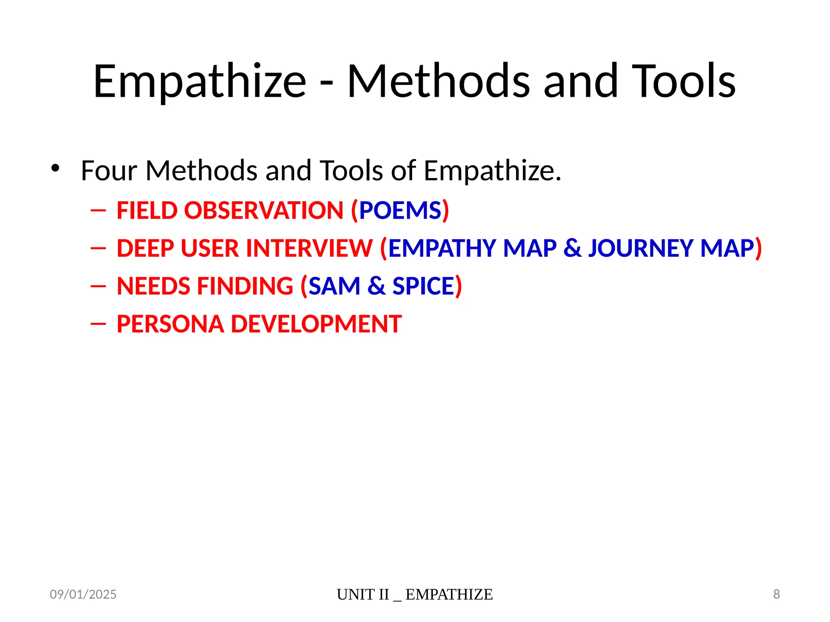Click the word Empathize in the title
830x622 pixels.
[x=200, y=82]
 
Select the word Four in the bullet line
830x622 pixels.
[x=109, y=170]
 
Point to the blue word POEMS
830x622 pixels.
[x=400, y=211]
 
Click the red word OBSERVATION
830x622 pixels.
[x=264, y=211]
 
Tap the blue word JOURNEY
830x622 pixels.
[x=641, y=248]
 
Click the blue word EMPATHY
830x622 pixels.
[x=442, y=248]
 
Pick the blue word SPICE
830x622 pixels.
[x=423, y=286]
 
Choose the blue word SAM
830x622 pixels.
[x=334, y=286]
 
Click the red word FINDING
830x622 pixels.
[x=245, y=286]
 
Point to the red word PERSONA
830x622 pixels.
[x=170, y=324]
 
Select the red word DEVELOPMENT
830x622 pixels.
[x=316, y=324]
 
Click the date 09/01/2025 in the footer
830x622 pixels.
[x=83, y=594]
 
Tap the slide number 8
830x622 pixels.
[x=777, y=594]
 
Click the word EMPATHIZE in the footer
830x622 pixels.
[x=449, y=594]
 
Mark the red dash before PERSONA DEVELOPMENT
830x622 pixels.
[x=98, y=324]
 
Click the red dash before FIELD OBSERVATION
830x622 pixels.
[x=98, y=211]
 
